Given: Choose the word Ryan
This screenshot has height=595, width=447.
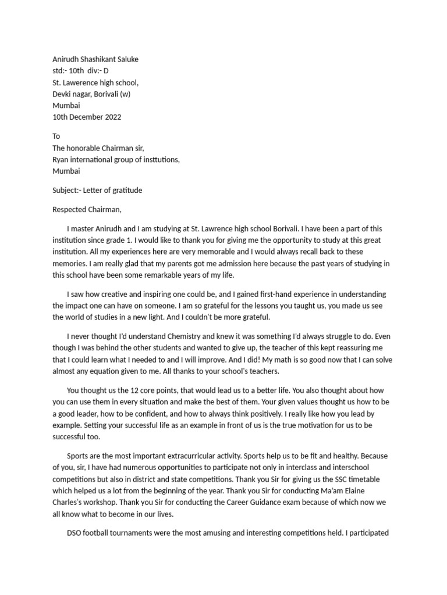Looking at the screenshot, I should click(61, 160).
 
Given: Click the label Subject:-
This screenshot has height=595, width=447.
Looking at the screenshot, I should click(66, 191).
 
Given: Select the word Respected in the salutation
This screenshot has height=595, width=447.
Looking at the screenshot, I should click(68, 210).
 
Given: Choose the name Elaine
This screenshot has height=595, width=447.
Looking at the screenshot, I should click(370, 491).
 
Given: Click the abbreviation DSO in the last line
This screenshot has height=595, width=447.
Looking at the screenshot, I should click(75, 533).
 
